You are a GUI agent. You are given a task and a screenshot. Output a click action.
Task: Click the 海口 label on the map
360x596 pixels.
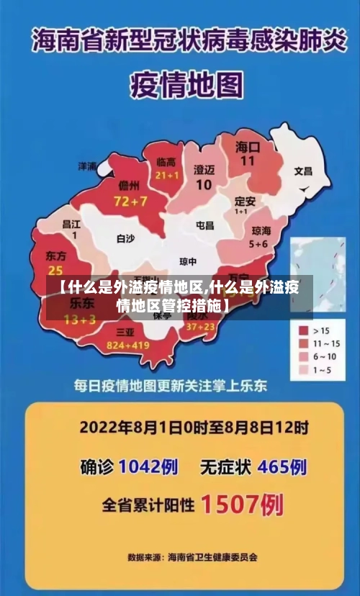click(x=248, y=147)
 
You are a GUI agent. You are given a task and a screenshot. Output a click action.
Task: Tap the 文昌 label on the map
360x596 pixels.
click(x=303, y=171)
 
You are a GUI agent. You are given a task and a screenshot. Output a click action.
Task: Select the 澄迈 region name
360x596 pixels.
click(x=204, y=170)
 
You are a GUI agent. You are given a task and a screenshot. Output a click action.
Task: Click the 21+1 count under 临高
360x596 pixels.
click(x=166, y=175)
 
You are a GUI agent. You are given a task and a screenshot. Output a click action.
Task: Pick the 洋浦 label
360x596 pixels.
click(x=88, y=166)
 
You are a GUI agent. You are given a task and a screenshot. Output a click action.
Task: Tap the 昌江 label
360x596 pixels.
click(x=72, y=224)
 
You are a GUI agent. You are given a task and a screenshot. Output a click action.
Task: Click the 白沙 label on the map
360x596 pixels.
click(x=125, y=238)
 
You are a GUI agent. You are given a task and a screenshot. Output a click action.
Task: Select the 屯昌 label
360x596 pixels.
click(x=205, y=225)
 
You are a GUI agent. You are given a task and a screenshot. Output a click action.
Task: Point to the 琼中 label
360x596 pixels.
click(x=188, y=261)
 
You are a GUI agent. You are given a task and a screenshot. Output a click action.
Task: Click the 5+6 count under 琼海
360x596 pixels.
click(x=258, y=244)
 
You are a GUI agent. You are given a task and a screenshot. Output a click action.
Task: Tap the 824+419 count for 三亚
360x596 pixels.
click(x=127, y=346)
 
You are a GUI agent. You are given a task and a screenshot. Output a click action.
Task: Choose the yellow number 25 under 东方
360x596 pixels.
click(x=55, y=270)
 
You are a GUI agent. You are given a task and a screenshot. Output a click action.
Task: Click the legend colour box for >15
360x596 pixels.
click(x=304, y=330)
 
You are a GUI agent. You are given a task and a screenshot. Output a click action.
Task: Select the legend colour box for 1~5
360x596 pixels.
click(x=304, y=370)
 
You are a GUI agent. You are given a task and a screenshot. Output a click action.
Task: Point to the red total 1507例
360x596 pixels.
click(x=241, y=505)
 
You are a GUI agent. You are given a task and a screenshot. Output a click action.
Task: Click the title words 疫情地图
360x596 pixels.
click(x=186, y=85)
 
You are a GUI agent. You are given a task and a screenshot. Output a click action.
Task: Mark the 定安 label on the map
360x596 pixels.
click(x=246, y=201)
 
